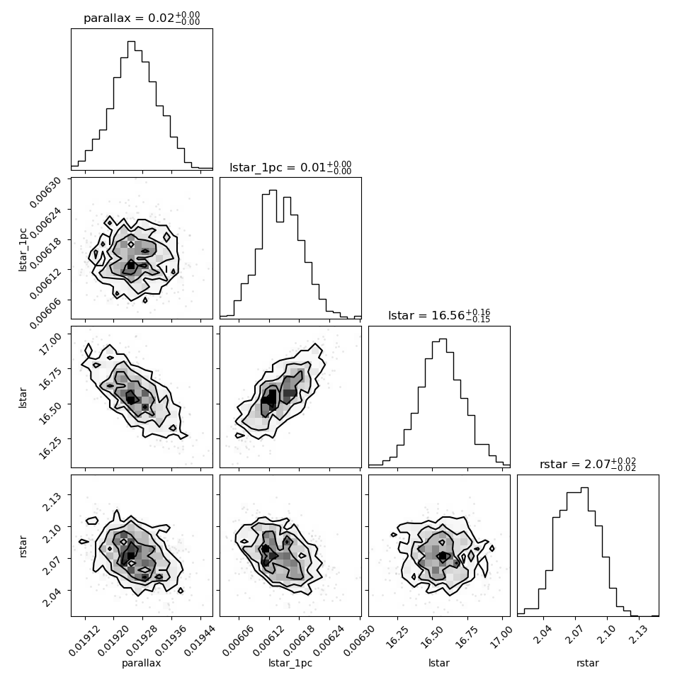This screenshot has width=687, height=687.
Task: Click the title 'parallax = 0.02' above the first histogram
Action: pyautogui.click(x=142, y=18)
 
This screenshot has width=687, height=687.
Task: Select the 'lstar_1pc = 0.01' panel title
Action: pyautogui.click(x=290, y=168)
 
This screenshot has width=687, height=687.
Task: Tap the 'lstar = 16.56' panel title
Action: pyautogui.click(x=439, y=316)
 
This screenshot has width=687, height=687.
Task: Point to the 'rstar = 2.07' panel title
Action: pyautogui.click(x=588, y=465)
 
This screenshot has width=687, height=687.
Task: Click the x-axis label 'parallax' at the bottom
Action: pyautogui.click(x=142, y=664)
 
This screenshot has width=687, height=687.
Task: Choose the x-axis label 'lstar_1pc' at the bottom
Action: pyautogui.click(x=290, y=664)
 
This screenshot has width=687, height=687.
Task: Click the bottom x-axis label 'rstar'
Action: pyautogui.click(x=588, y=664)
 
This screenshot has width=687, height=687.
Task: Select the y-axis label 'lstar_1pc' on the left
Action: pyautogui.click(x=23, y=248)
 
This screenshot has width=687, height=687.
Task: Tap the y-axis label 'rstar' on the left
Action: pyautogui.click(x=23, y=545)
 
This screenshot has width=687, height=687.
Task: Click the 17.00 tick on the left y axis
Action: pyautogui.click(x=55, y=334)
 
